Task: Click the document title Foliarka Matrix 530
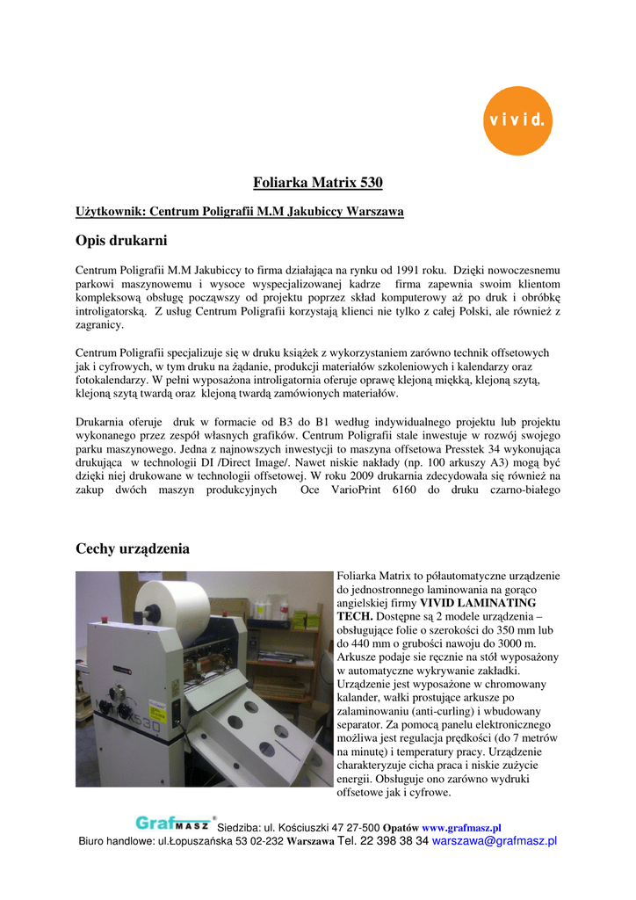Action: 317,183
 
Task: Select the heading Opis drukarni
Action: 121,240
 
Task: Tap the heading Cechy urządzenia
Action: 132,548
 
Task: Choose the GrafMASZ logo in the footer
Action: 174,824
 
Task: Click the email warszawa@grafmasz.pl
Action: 495,841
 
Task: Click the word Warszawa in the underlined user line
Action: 375,212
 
